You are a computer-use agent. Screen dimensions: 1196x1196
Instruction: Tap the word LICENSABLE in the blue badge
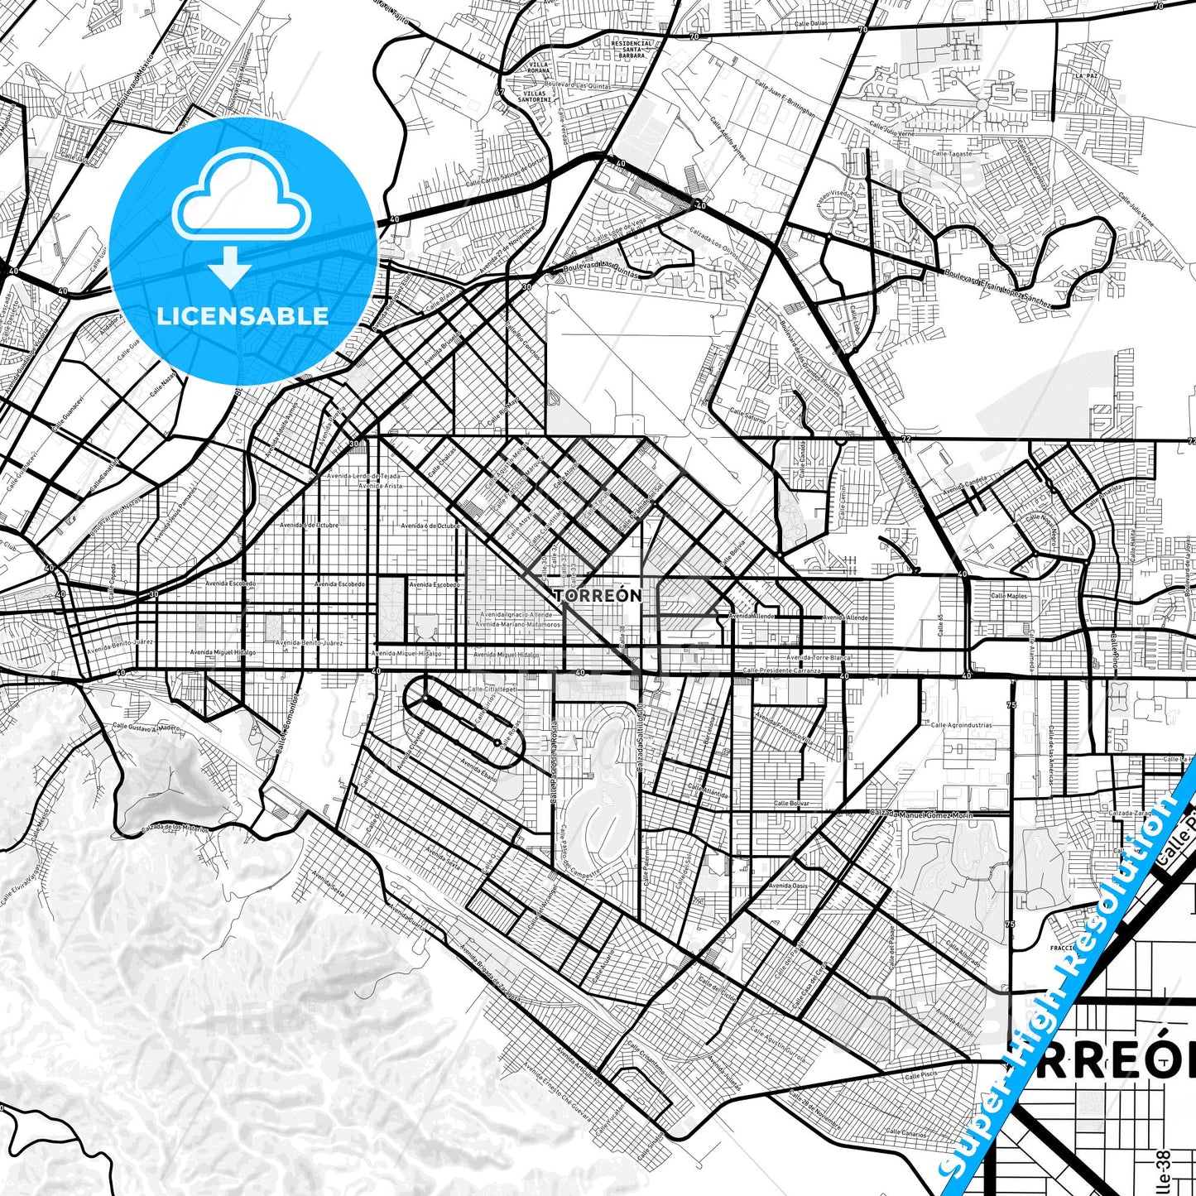(243, 316)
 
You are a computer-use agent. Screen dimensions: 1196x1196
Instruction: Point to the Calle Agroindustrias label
(961, 725)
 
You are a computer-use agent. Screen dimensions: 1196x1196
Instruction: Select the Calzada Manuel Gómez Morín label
(920, 814)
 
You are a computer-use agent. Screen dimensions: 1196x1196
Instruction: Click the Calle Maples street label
(1008, 596)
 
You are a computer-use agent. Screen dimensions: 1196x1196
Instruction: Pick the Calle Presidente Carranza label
(781, 670)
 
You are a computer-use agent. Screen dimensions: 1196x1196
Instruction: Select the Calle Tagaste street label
(952, 153)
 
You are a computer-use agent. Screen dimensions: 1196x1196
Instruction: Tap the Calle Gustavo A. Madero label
(146, 728)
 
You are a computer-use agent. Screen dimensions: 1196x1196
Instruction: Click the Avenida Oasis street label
(787, 886)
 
